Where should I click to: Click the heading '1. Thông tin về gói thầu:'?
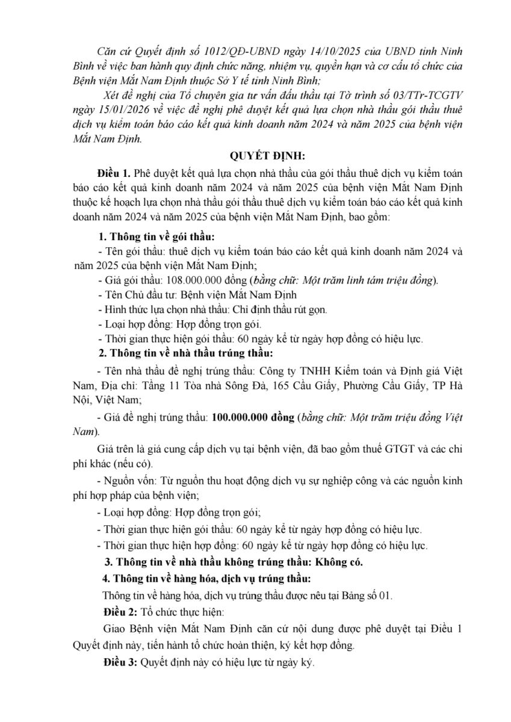point(156,235)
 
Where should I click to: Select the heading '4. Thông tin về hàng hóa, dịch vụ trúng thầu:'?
point(206,579)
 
